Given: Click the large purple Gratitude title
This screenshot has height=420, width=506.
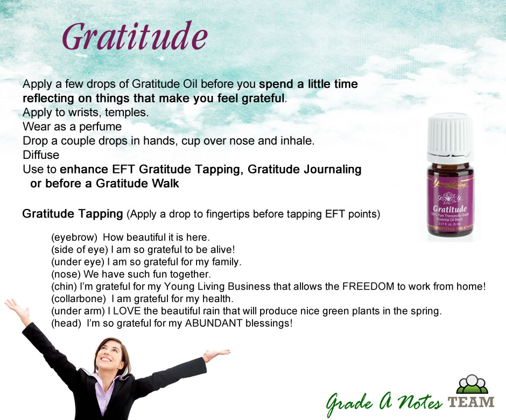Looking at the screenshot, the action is (x=135, y=36).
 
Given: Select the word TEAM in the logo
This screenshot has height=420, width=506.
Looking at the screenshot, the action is (x=471, y=402).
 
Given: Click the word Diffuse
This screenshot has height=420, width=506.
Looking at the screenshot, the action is (x=41, y=155).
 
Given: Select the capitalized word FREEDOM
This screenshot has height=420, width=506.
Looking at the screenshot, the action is (x=368, y=286).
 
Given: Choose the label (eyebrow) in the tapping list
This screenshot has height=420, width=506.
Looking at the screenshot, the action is (x=74, y=237).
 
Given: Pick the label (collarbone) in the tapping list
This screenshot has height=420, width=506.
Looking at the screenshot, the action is (x=79, y=299).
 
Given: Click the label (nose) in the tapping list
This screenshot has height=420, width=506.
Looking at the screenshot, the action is (x=66, y=275).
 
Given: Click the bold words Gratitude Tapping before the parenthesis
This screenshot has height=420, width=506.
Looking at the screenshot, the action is (x=73, y=214).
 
